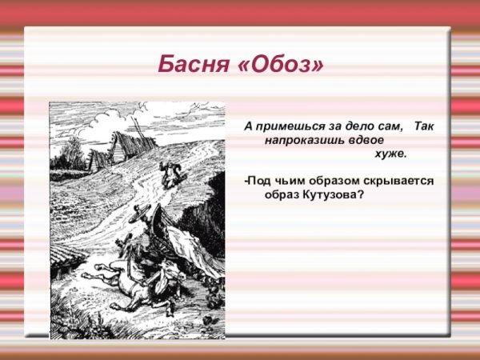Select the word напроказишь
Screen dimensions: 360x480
[302, 139]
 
